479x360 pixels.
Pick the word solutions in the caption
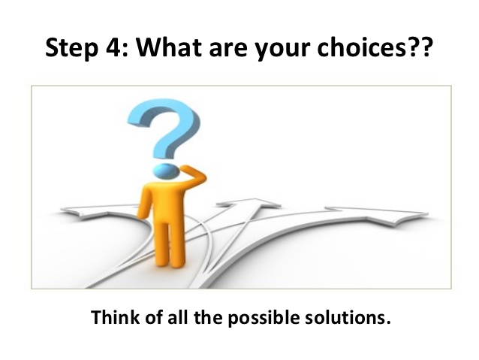[x=352, y=316]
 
